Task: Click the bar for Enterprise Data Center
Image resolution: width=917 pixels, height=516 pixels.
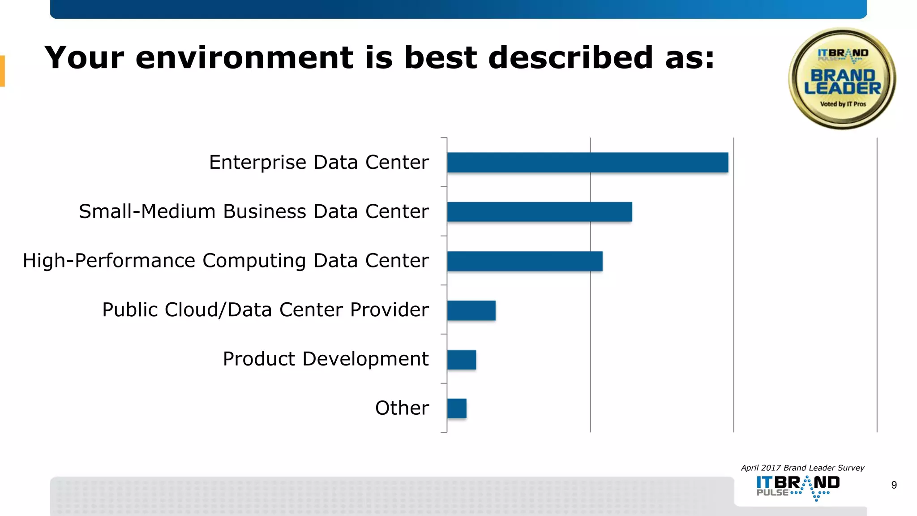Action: tap(587, 162)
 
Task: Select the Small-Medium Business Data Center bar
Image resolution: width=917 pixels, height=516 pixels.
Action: tap(540, 211)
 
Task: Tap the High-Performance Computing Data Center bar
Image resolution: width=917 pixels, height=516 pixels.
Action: tap(525, 261)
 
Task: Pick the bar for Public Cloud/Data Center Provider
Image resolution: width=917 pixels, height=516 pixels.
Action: tap(471, 310)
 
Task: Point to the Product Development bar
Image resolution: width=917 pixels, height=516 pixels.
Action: tap(462, 360)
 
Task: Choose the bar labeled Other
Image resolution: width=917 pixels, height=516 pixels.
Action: tap(457, 408)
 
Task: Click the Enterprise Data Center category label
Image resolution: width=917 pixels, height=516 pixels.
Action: tap(319, 162)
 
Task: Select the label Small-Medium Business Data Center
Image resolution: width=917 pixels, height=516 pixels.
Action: tap(254, 211)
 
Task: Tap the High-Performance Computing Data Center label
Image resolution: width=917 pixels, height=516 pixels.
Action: tap(226, 261)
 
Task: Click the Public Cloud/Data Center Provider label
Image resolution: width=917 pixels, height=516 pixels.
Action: tap(266, 310)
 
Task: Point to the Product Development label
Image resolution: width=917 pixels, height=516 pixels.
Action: tap(326, 359)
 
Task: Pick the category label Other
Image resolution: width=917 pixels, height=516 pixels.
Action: tap(402, 408)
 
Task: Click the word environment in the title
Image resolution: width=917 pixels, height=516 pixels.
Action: tap(244, 58)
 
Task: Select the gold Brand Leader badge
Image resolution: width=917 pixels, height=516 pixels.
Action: tap(842, 79)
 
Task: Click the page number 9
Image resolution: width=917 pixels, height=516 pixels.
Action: tap(894, 485)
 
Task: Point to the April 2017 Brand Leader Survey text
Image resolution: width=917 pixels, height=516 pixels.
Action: tap(802, 468)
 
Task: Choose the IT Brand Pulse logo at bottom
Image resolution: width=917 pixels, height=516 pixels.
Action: tap(798, 487)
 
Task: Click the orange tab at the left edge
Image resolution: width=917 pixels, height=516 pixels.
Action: tap(2, 71)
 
